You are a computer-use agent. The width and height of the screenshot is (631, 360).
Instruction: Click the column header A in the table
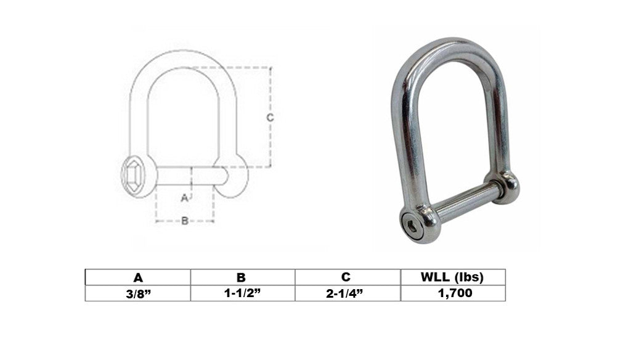(138, 277)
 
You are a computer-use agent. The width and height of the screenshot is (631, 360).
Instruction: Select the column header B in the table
(241, 277)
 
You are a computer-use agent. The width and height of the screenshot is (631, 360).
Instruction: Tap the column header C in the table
(346, 277)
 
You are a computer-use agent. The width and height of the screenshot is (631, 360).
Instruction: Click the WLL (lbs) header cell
(452, 277)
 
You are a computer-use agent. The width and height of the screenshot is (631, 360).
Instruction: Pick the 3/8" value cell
(138, 293)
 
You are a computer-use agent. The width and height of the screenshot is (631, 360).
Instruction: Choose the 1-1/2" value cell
(242, 293)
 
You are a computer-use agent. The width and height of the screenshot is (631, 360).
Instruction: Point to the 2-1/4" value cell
(344, 293)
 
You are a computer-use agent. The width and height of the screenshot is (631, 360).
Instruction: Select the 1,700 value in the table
(455, 293)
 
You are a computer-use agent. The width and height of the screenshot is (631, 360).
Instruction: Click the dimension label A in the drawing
(184, 198)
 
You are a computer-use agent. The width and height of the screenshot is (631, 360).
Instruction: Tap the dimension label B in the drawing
(185, 221)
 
